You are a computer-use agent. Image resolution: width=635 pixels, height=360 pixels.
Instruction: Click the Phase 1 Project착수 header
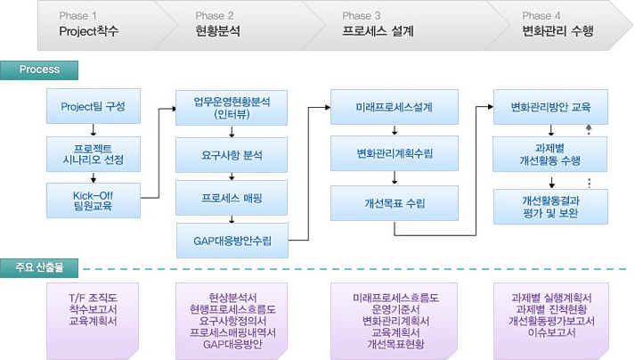point(89,24)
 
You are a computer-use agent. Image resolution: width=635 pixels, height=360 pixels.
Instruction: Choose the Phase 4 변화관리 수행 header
point(557,24)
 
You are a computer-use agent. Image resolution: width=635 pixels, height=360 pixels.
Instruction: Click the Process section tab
point(40,70)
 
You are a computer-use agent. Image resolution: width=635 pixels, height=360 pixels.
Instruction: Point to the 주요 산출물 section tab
point(40,266)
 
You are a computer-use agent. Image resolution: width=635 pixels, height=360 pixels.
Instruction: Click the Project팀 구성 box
point(93,107)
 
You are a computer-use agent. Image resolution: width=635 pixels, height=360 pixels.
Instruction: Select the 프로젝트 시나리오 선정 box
point(93,154)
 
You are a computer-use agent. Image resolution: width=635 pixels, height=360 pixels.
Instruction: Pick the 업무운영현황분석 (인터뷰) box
point(232,107)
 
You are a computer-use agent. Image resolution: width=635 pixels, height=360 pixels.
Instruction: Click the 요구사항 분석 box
point(232,154)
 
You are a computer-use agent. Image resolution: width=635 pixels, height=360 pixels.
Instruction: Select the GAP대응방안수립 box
point(232,240)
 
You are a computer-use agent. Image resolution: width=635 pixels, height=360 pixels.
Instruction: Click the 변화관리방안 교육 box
point(552,107)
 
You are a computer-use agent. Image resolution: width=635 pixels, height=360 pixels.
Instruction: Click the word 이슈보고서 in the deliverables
point(552,332)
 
